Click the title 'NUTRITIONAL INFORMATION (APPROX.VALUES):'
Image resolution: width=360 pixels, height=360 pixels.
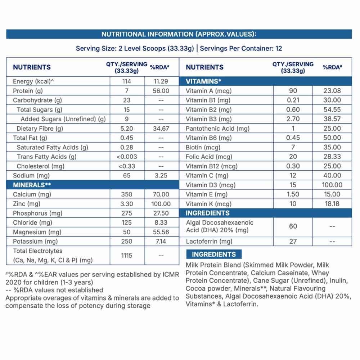[x=179, y=34]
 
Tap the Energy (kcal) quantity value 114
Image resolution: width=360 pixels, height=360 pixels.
[x=127, y=81]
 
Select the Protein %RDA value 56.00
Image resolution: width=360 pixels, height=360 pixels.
[x=161, y=91]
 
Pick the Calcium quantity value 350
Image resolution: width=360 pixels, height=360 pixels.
[x=127, y=194]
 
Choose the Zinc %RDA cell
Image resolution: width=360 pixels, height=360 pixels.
[x=161, y=204]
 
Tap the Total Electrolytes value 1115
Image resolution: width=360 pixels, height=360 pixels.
[x=127, y=256]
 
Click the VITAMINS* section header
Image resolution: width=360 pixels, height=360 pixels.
[x=203, y=81]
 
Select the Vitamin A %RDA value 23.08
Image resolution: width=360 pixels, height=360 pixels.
[x=332, y=91]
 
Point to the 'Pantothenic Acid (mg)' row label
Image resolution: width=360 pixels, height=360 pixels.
[x=217, y=129]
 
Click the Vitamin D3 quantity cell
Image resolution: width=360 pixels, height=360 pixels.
[x=293, y=185]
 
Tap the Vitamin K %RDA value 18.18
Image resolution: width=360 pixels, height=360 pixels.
[x=332, y=204]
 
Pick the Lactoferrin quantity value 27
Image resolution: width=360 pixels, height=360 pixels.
[x=293, y=242]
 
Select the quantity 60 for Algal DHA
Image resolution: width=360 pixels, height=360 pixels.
[x=293, y=226]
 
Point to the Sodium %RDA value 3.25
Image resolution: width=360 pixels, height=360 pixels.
[x=161, y=176]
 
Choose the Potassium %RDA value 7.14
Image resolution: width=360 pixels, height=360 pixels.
[x=161, y=242]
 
